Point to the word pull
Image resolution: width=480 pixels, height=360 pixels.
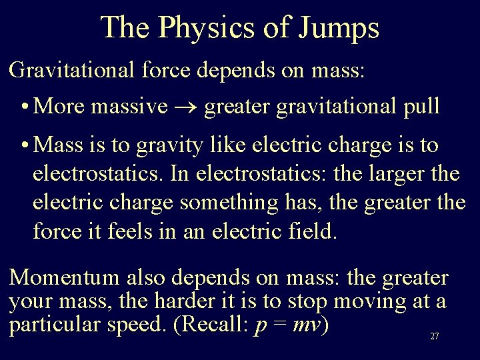click(420, 107)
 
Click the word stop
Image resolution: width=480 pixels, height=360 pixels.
click(308, 302)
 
